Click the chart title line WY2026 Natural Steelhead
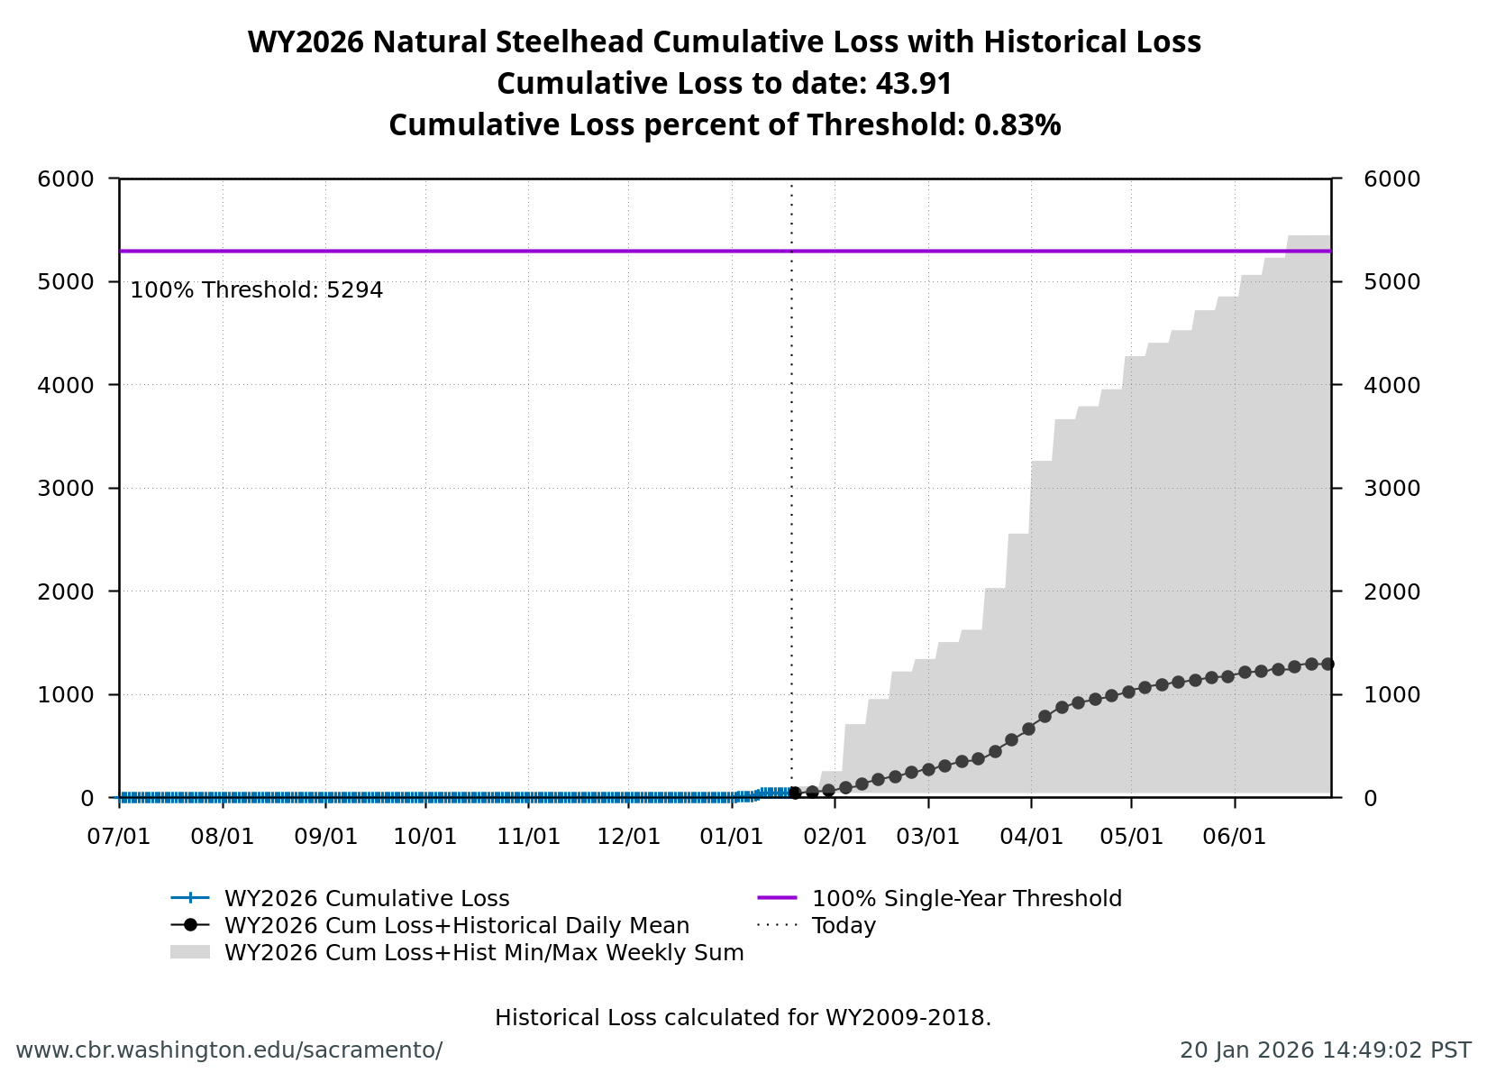[724, 42]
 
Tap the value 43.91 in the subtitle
[914, 84]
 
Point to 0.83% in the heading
[1017, 125]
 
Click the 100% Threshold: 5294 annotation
[257, 290]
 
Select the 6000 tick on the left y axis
[65, 179]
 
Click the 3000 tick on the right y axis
[1391, 489]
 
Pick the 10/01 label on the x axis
[425, 837]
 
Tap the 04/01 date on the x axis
[1031, 837]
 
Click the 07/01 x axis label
[119, 837]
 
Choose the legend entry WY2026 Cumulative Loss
[366, 899]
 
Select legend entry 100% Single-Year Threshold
[966, 899]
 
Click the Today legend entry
[844, 926]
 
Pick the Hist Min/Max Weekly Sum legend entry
[483, 953]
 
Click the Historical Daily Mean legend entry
[456, 926]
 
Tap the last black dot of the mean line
[1327, 664]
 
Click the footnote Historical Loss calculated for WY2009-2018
[743, 1018]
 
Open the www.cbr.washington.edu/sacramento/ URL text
[229, 1050]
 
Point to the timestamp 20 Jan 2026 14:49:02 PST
[1325, 1050]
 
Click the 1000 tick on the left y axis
[65, 695]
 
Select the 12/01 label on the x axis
[629, 837]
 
